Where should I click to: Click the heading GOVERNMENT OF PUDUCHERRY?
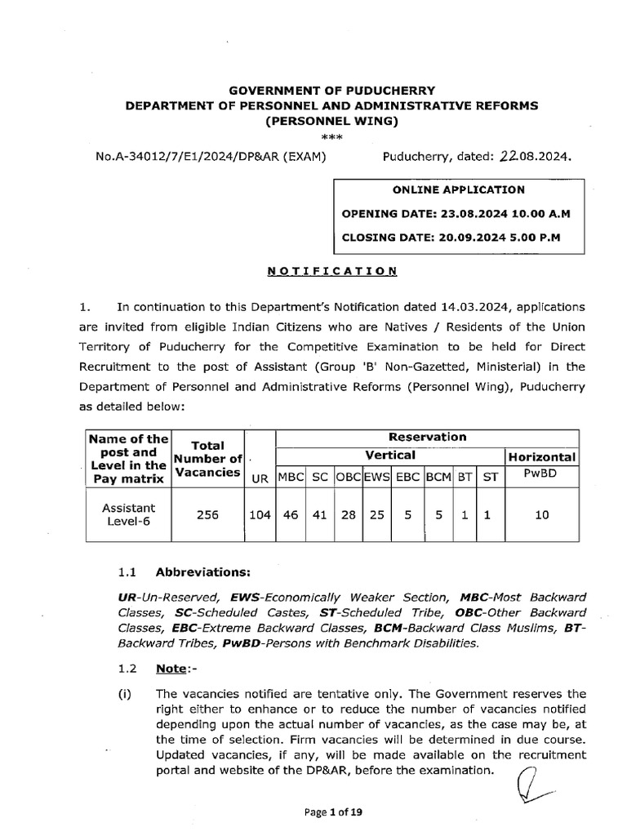(331, 91)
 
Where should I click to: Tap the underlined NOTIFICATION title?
(331, 270)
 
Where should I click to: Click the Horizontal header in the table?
(543, 457)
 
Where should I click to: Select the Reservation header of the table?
(427, 437)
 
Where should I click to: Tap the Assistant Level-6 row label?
(128, 514)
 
